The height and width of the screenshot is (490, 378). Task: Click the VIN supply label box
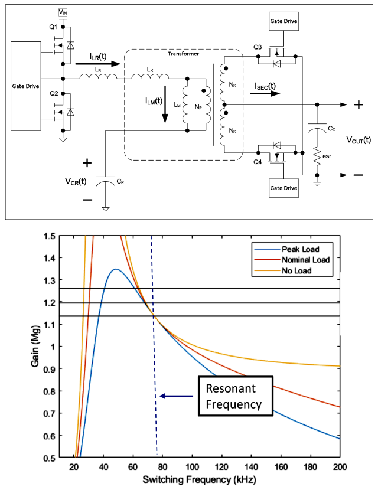pos(63,12)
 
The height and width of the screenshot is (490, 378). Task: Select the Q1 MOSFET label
pos(53,27)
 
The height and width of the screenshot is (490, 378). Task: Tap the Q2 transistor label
pos(53,93)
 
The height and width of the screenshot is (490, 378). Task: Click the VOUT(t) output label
pos(359,140)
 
